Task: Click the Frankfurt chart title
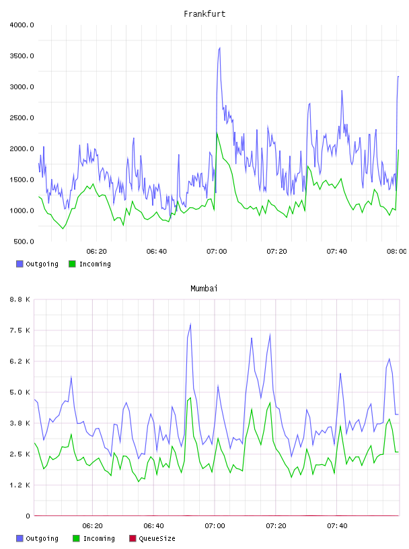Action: [x=204, y=14]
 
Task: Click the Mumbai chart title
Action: [x=204, y=289]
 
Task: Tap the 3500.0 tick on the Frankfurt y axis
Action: [x=22, y=56]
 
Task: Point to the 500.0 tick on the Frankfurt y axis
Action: [x=24, y=242]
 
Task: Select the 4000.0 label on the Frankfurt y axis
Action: [x=22, y=25]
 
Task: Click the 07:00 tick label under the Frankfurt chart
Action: [x=217, y=252]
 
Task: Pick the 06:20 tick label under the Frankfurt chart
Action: [x=97, y=252]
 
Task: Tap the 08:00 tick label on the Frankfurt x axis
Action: [x=397, y=252]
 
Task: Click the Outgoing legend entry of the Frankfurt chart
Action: [x=38, y=264]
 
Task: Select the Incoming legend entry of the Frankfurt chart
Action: [x=90, y=264]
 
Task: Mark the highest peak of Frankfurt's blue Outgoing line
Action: [x=219, y=48]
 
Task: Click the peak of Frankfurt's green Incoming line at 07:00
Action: [x=217, y=133]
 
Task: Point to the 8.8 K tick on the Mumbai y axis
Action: [x=20, y=299]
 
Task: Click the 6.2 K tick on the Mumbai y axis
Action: [x=20, y=361]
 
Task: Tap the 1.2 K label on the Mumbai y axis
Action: [x=20, y=485]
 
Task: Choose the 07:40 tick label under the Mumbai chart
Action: [x=337, y=526]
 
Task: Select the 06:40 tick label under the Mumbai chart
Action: [x=154, y=526]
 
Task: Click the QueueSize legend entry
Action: [x=152, y=538]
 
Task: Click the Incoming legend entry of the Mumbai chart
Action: [x=94, y=538]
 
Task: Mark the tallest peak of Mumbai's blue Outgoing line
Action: [x=190, y=324]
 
